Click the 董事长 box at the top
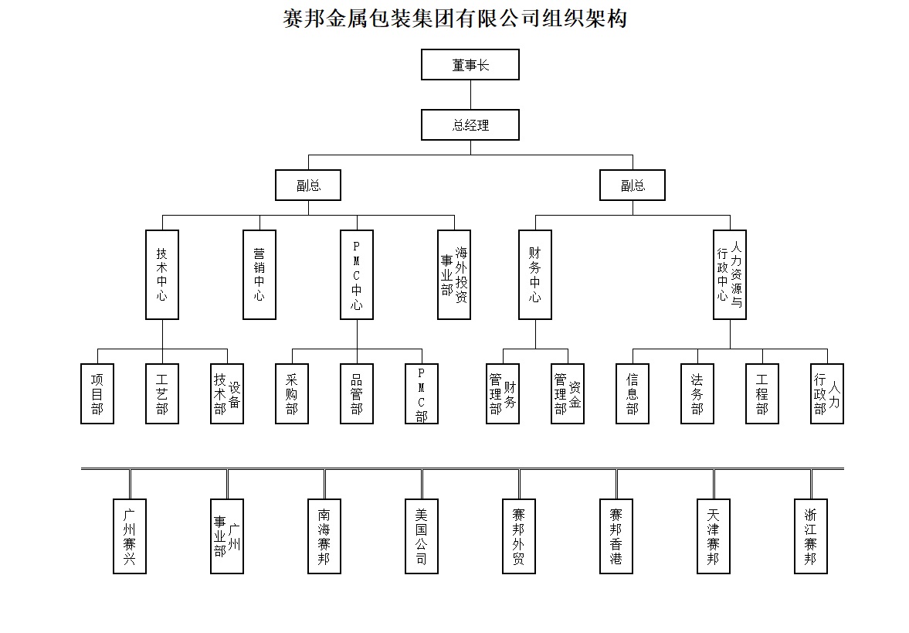pos(470,65)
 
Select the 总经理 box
pos(470,124)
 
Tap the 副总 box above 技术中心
pos(308,185)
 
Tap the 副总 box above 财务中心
pos(632,185)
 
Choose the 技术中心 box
pos(162,274)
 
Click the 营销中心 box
pos(259,274)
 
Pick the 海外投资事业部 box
pos(454,274)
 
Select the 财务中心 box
pos(535,274)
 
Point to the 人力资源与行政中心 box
pos(730,274)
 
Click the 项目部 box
pos(97,393)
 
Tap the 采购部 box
pos(292,393)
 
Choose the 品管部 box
pos(357,393)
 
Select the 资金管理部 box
pos(568,393)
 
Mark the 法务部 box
pos(697,393)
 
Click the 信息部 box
pos(633,393)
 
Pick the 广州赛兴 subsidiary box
pos(130,536)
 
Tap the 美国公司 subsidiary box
pos(422,536)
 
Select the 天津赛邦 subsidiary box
pos(714,536)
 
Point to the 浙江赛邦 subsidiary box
pos(811,536)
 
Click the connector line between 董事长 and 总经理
pos(470,94)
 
